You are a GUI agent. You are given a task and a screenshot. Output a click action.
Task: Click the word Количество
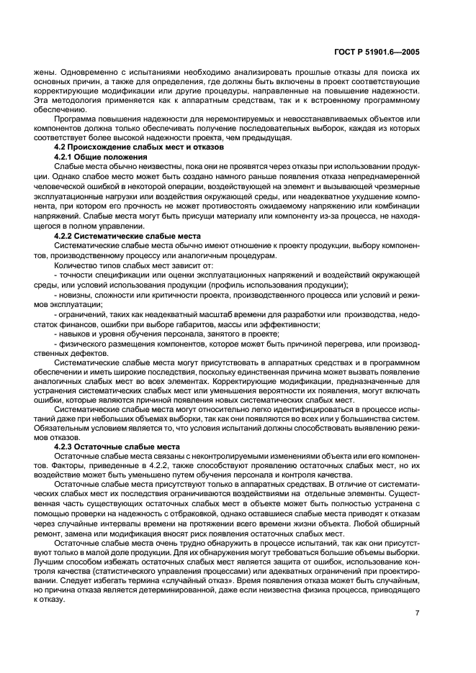pos(76,265)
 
